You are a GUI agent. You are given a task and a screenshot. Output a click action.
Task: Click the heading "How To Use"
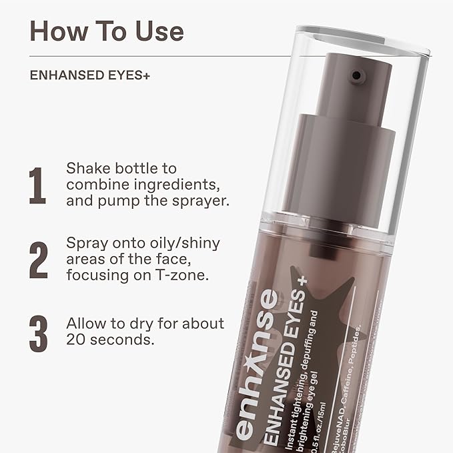pos(107,31)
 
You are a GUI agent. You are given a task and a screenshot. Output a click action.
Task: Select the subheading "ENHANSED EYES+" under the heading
pos(89,76)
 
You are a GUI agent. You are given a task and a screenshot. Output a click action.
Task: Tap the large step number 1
pos(37,185)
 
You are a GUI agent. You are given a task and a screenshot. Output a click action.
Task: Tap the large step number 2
pos(38,260)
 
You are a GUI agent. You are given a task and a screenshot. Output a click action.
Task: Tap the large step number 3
pos(37,333)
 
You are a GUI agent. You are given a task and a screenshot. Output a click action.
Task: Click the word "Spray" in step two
pos(85,243)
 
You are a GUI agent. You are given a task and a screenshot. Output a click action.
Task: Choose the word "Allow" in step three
pos(85,324)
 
